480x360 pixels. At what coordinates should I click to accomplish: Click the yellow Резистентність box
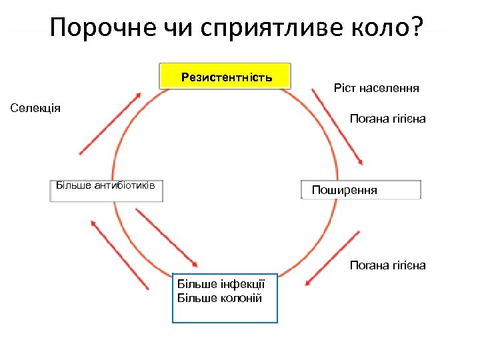click(x=225, y=77)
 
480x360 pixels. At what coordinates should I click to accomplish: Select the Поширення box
click(x=361, y=190)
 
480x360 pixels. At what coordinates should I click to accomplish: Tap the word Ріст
click(x=345, y=87)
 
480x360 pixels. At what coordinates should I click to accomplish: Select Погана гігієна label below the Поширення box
click(x=387, y=265)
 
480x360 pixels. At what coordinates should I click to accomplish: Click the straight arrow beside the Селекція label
click(x=110, y=124)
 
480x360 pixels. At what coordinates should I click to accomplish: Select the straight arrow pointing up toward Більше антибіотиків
click(x=119, y=254)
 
